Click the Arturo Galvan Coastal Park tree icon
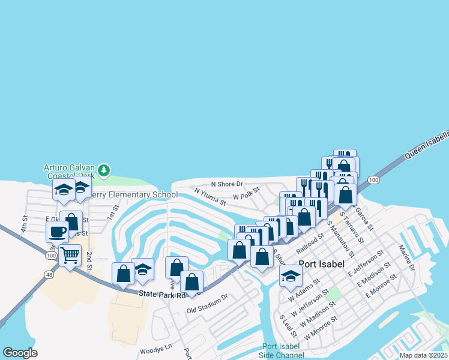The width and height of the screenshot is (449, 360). pyautogui.click(x=104, y=171)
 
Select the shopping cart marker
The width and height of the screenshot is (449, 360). pyautogui.click(x=70, y=255)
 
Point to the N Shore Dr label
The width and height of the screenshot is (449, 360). pyautogui.click(x=226, y=184)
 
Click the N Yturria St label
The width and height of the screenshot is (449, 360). pyautogui.click(x=209, y=197)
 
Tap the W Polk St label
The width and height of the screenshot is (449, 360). pyautogui.click(x=246, y=193)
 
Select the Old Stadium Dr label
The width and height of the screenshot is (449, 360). pyautogui.click(x=208, y=304)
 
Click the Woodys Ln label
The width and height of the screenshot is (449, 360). pyautogui.click(x=155, y=347)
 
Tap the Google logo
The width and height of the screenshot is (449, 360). pyautogui.click(x=20, y=353)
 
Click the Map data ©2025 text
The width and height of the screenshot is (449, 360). pyautogui.click(x=424, y=355)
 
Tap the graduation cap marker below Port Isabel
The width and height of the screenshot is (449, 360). pyautogui.click(x=291, y=276)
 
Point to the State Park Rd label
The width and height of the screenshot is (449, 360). pyautogui.click(x=161, y=294)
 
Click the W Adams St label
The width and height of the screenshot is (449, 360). pyautogui.click(x=304, y=294)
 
